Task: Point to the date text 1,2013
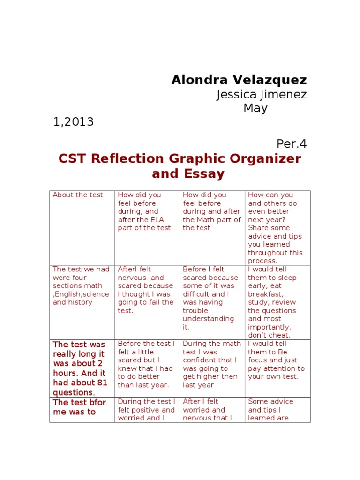coord(73,122)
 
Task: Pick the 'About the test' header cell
coord(78,195)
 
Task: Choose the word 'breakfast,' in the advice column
coord(265,294)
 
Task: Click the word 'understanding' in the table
coord(208,319)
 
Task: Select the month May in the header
coord(255,108)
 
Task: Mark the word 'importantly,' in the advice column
coord(269,327)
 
